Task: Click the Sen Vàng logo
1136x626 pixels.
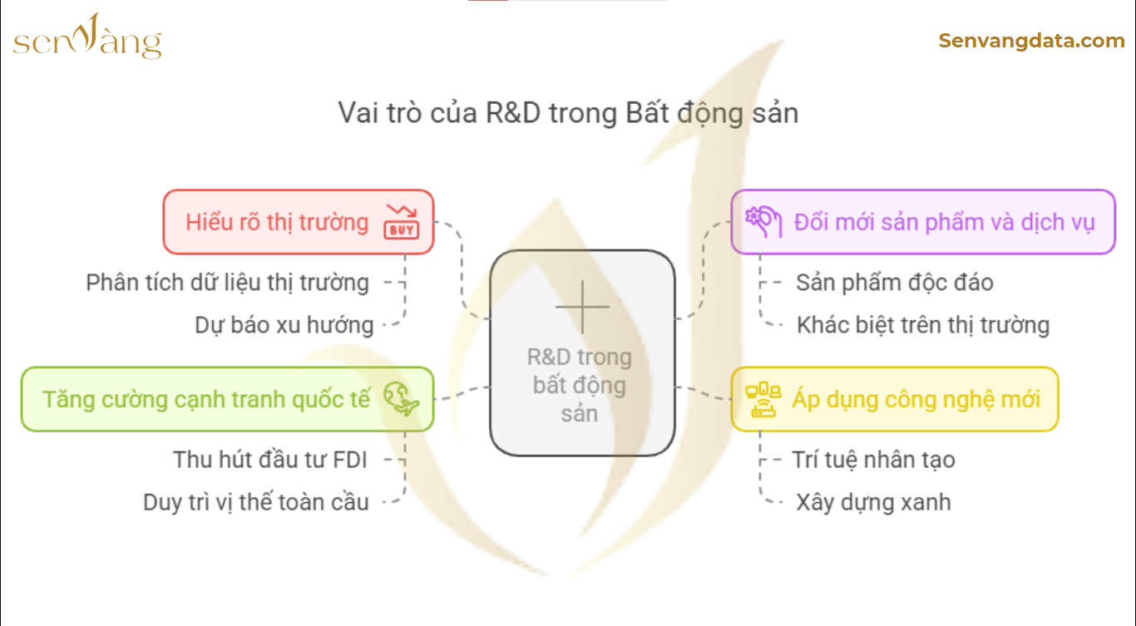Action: tap(87, 37)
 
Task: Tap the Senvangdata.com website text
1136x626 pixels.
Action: tap(1031, 41)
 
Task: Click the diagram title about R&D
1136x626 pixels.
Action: tap(568, 113)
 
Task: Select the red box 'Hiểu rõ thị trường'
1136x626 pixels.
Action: tap(299, 222)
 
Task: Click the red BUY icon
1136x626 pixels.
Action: tap(402, 222)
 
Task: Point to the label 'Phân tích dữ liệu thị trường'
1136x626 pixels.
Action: tap(227, 283)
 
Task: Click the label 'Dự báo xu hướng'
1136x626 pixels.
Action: tap(284, 325)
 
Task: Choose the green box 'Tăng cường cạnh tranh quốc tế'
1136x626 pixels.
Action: tap(227, 399)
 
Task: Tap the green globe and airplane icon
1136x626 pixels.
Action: tap(401, 399)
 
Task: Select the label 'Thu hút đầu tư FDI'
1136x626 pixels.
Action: tap(269, 460)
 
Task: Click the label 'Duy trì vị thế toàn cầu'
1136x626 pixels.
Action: tap(255, 502)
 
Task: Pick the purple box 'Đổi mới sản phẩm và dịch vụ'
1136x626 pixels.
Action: tap(923, 222)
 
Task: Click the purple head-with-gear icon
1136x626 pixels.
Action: tap(763, 221)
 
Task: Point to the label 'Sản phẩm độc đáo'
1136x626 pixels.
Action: tap(895, 283)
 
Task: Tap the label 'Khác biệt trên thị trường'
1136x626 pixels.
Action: tap(923, 325)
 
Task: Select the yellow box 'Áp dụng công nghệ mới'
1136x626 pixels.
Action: tap(895, 399)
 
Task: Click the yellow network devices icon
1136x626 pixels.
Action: tap(763, 399)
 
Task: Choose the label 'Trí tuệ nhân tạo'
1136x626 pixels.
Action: tap(873, 460)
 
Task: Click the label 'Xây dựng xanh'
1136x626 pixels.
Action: tap(873, 502)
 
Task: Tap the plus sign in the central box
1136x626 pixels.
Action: tap(582, 306)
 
